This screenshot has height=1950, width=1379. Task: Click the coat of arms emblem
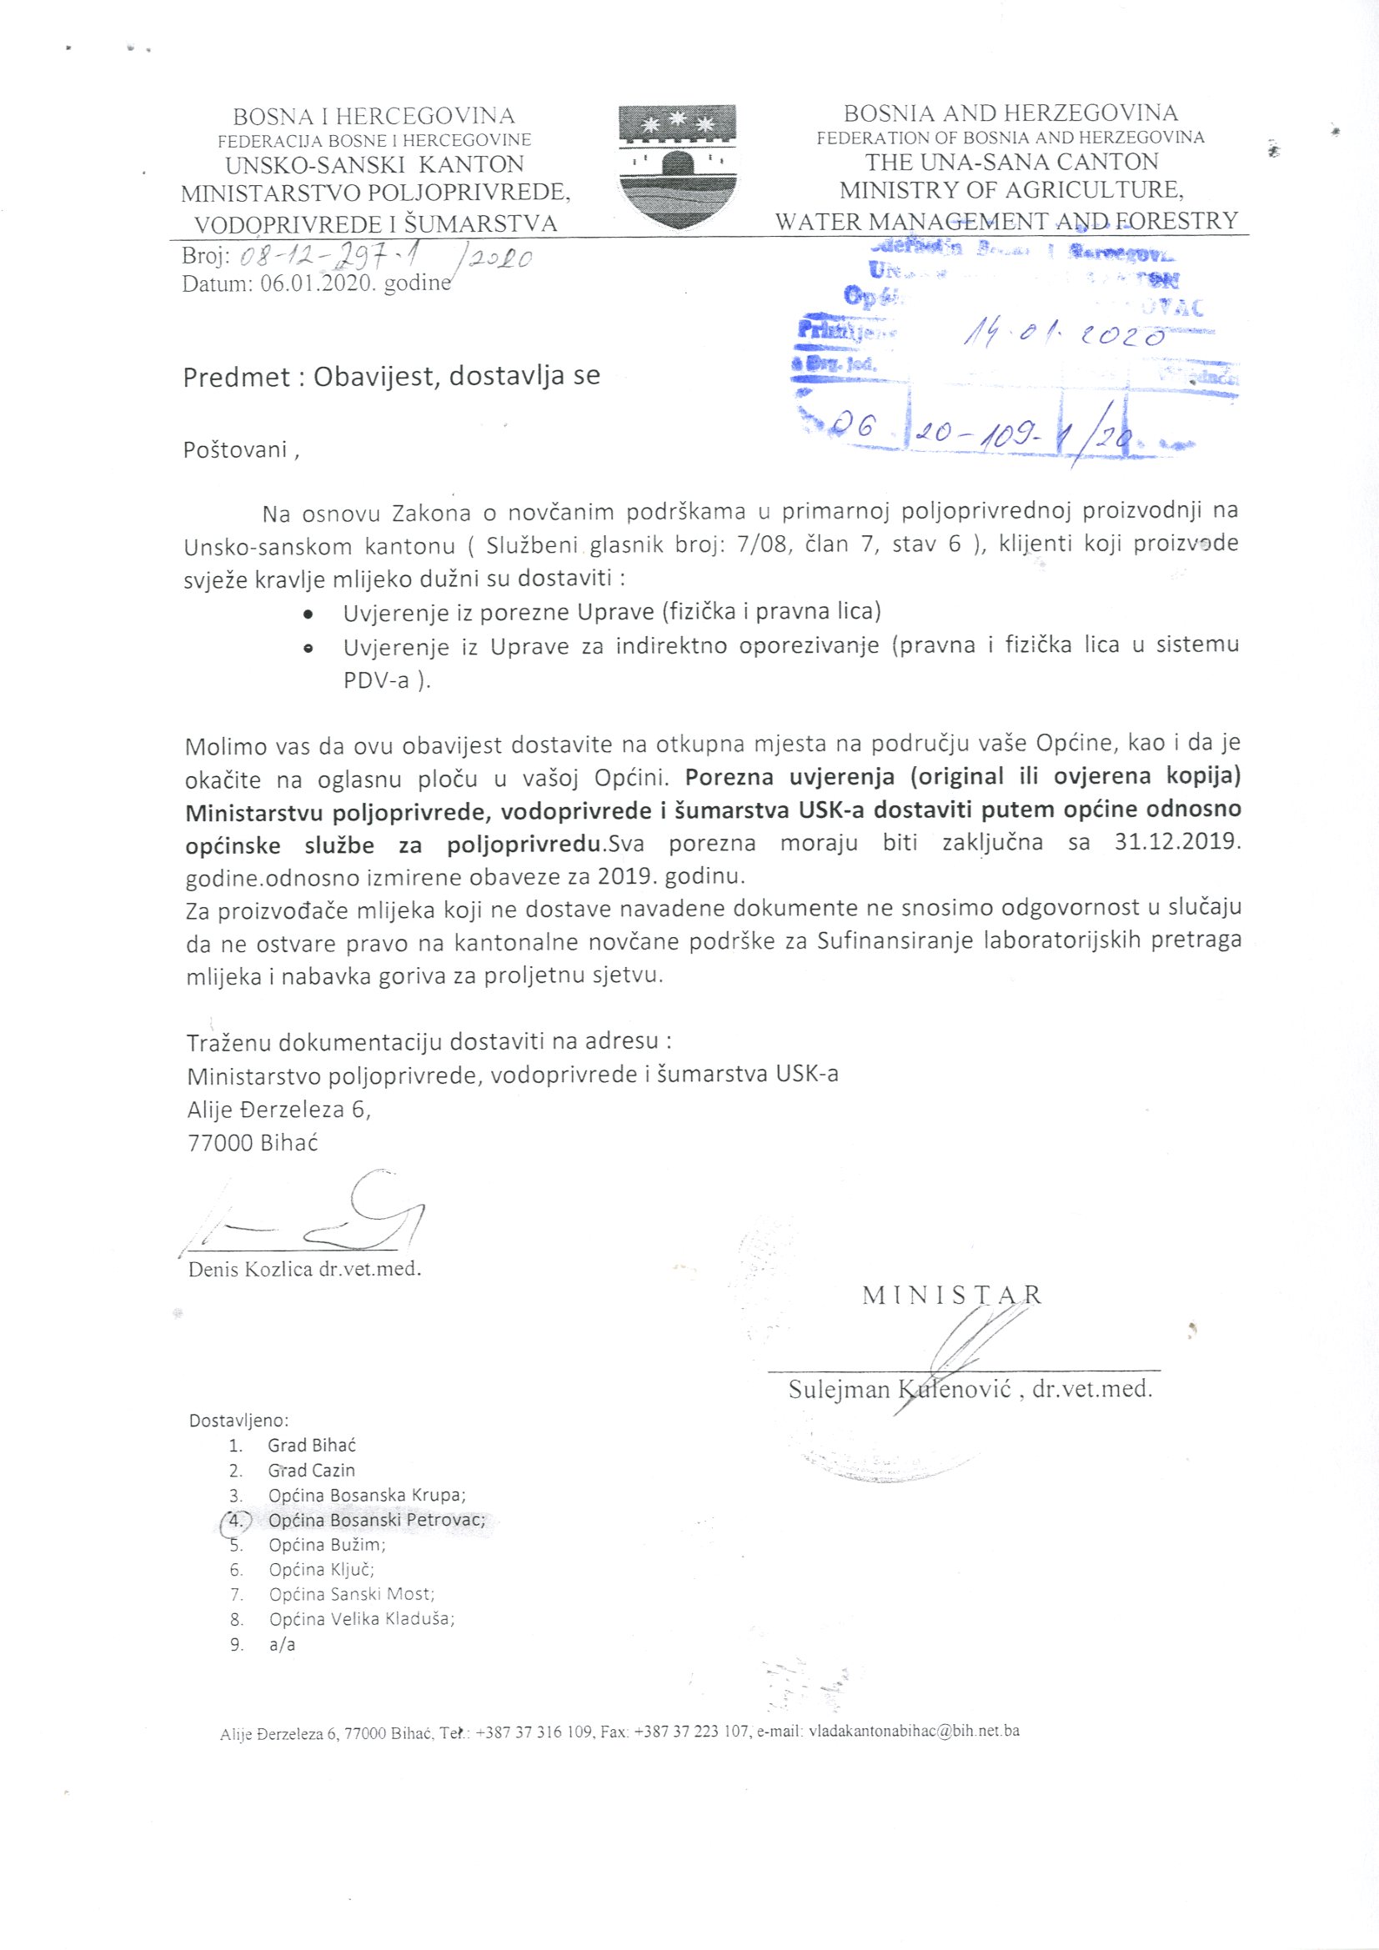click(x=677, y=167)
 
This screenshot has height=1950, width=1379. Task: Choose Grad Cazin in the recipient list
click(x=311, y=1470)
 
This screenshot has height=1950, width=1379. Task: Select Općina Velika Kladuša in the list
click(x=361, y=1619)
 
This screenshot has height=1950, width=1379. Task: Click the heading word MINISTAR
click(x=952, y=1296)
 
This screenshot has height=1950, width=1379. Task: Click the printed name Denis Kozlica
click(x=251, y=1270)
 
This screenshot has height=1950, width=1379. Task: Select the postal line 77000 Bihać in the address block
click(x=252, y=1143)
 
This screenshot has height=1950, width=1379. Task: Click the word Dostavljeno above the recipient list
click(x=238, y=1420)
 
